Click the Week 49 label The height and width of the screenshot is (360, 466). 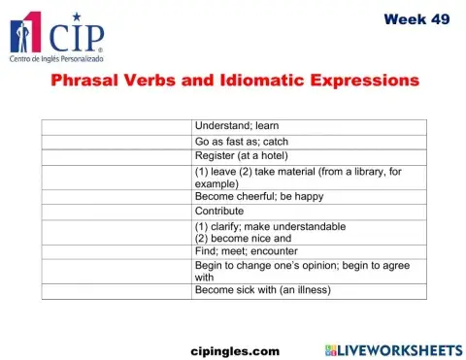coord(416,18)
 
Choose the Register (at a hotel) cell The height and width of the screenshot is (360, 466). coord(242,155)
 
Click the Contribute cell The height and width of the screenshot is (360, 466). coord(219,211)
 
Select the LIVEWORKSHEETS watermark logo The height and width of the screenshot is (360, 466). coord(393,348)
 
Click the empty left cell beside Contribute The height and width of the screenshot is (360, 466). coord(116,211)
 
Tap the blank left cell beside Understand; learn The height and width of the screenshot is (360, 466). coord(116,126)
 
